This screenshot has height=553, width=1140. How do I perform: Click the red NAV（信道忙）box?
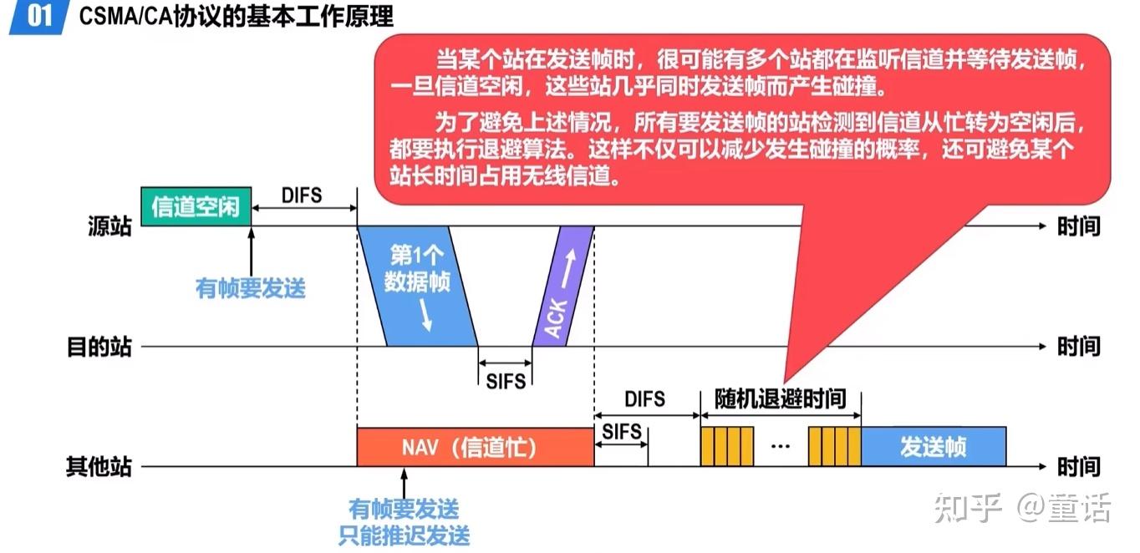(474, 448)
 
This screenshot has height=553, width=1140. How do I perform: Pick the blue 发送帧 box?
(933, 447)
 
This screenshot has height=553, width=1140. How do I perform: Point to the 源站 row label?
(109, 226)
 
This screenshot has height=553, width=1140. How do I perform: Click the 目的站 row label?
(99, 347)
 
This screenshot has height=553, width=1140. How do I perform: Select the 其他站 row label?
(99, 466)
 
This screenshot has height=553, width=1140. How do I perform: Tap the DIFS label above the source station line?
(302, 195)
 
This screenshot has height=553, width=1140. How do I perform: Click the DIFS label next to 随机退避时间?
(645, 399)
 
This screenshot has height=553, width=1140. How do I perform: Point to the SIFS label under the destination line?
(506, 382)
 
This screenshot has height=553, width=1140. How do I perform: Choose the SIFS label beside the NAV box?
(622, 432)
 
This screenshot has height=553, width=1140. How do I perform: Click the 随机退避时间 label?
(780, 399)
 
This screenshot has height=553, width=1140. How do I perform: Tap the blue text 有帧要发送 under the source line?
(251, 289)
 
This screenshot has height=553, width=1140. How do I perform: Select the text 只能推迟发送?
(405, 535)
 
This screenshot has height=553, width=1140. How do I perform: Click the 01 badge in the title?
(39, 16)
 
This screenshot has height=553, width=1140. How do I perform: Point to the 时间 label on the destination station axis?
(1078, 347)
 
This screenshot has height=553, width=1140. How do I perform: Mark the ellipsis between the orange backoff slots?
(781, 448)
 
